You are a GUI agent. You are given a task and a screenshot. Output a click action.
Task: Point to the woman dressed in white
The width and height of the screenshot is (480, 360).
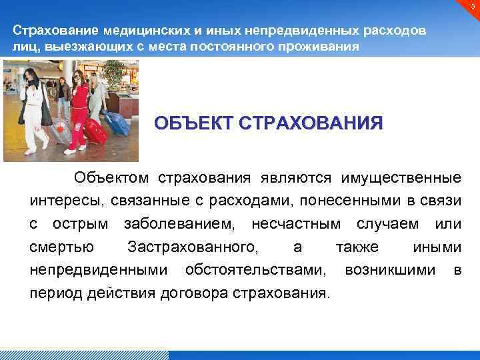pos(31,107)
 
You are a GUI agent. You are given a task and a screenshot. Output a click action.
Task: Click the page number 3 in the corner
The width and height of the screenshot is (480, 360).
pos(471,6)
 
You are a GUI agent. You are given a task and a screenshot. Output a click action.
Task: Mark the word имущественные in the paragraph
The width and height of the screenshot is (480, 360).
pos(401,177)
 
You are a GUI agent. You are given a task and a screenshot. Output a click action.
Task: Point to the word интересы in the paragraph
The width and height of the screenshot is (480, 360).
pos(61,201)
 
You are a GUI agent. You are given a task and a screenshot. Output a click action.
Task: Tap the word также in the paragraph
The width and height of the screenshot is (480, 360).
pos(357,247)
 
